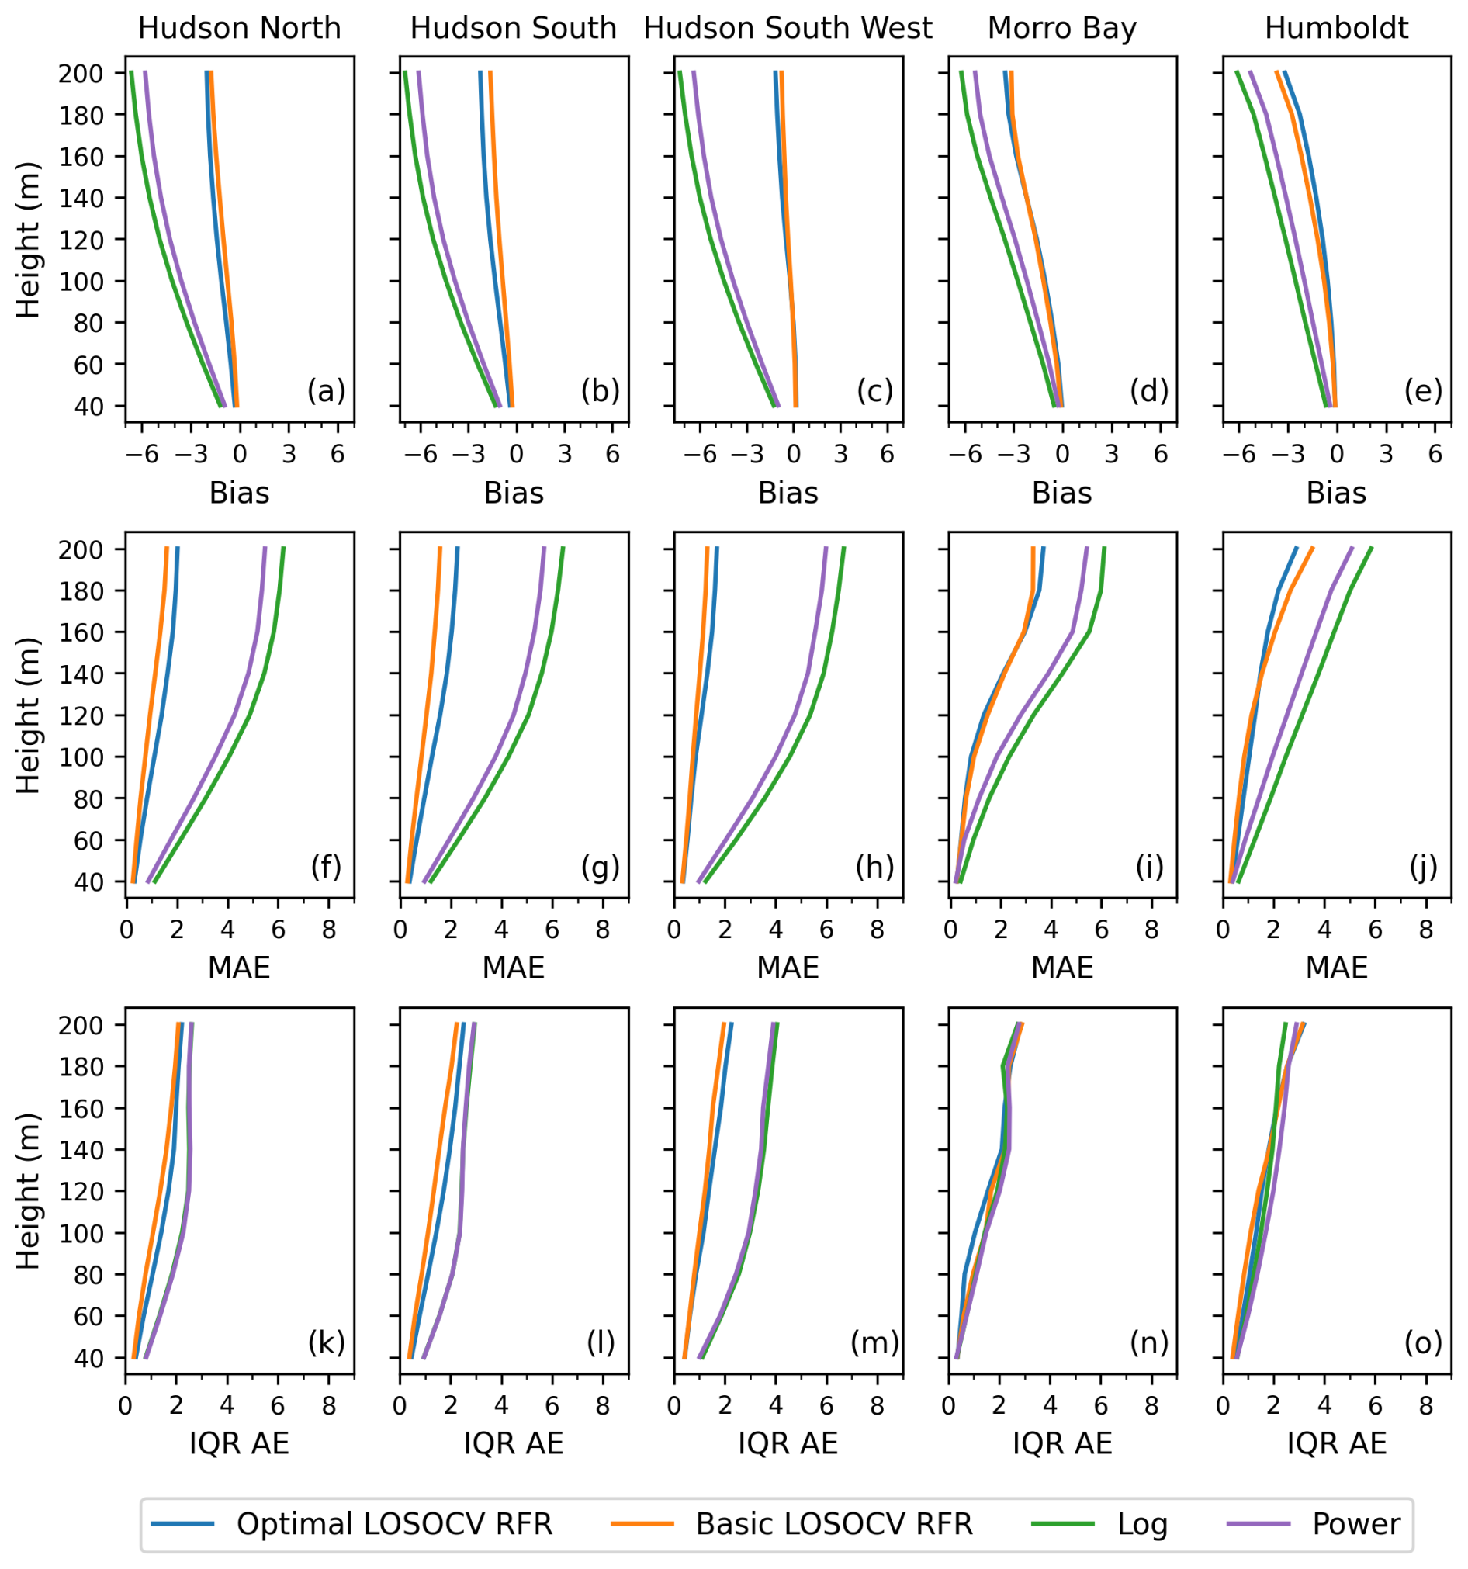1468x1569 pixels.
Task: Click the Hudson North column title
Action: coord(239,29)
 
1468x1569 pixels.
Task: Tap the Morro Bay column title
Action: coord(1061,29)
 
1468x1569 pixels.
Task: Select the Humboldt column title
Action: coord(1336,29)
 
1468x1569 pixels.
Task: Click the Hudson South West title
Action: coord(788,29)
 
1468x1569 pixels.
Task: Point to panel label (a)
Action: coord(326,390)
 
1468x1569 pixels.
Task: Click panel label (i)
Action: coord(1149,867)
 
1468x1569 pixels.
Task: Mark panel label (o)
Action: coord(1423,1342)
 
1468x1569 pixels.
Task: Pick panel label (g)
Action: coord(600,867)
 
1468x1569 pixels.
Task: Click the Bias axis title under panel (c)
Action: coord(788,494)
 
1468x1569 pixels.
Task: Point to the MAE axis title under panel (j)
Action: coord(1336,968)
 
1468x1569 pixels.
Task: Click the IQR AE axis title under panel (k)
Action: coord(239,1443)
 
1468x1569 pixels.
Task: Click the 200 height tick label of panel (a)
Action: coord(81,74)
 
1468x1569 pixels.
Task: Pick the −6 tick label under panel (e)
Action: coord(1238,455)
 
